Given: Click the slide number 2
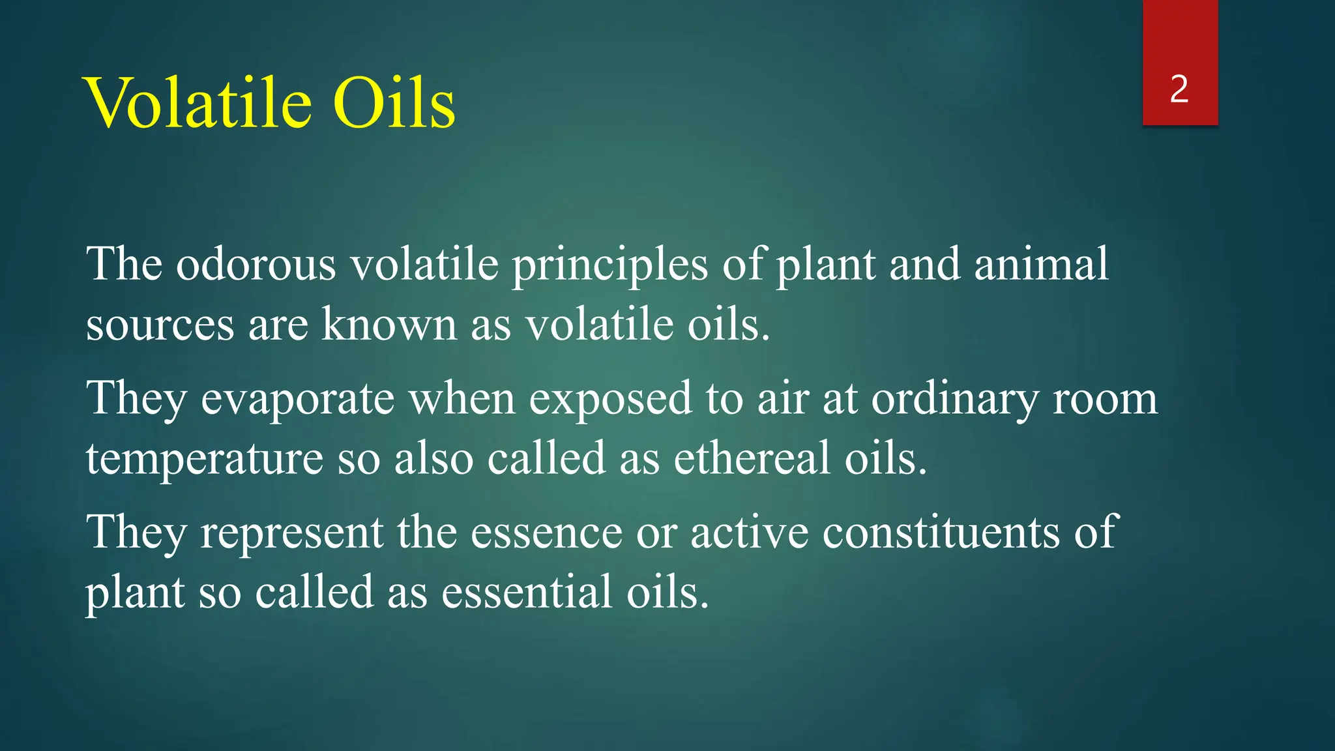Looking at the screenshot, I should (x=1179, y=89).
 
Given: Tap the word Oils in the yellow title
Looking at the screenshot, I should (x=394, y=103).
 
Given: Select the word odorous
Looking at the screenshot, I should (x=256, y=265).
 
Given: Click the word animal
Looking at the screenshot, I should (x=1041, y=264).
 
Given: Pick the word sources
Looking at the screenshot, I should (x=160, y=325).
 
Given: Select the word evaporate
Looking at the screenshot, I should (x=297, y=399).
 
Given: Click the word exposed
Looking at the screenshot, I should (x=610, y=399).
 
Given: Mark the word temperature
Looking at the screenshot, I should (x=204, y=460).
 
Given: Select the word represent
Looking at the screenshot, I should (x=291, y=533).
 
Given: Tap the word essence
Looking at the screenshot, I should (x=546, y=533).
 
